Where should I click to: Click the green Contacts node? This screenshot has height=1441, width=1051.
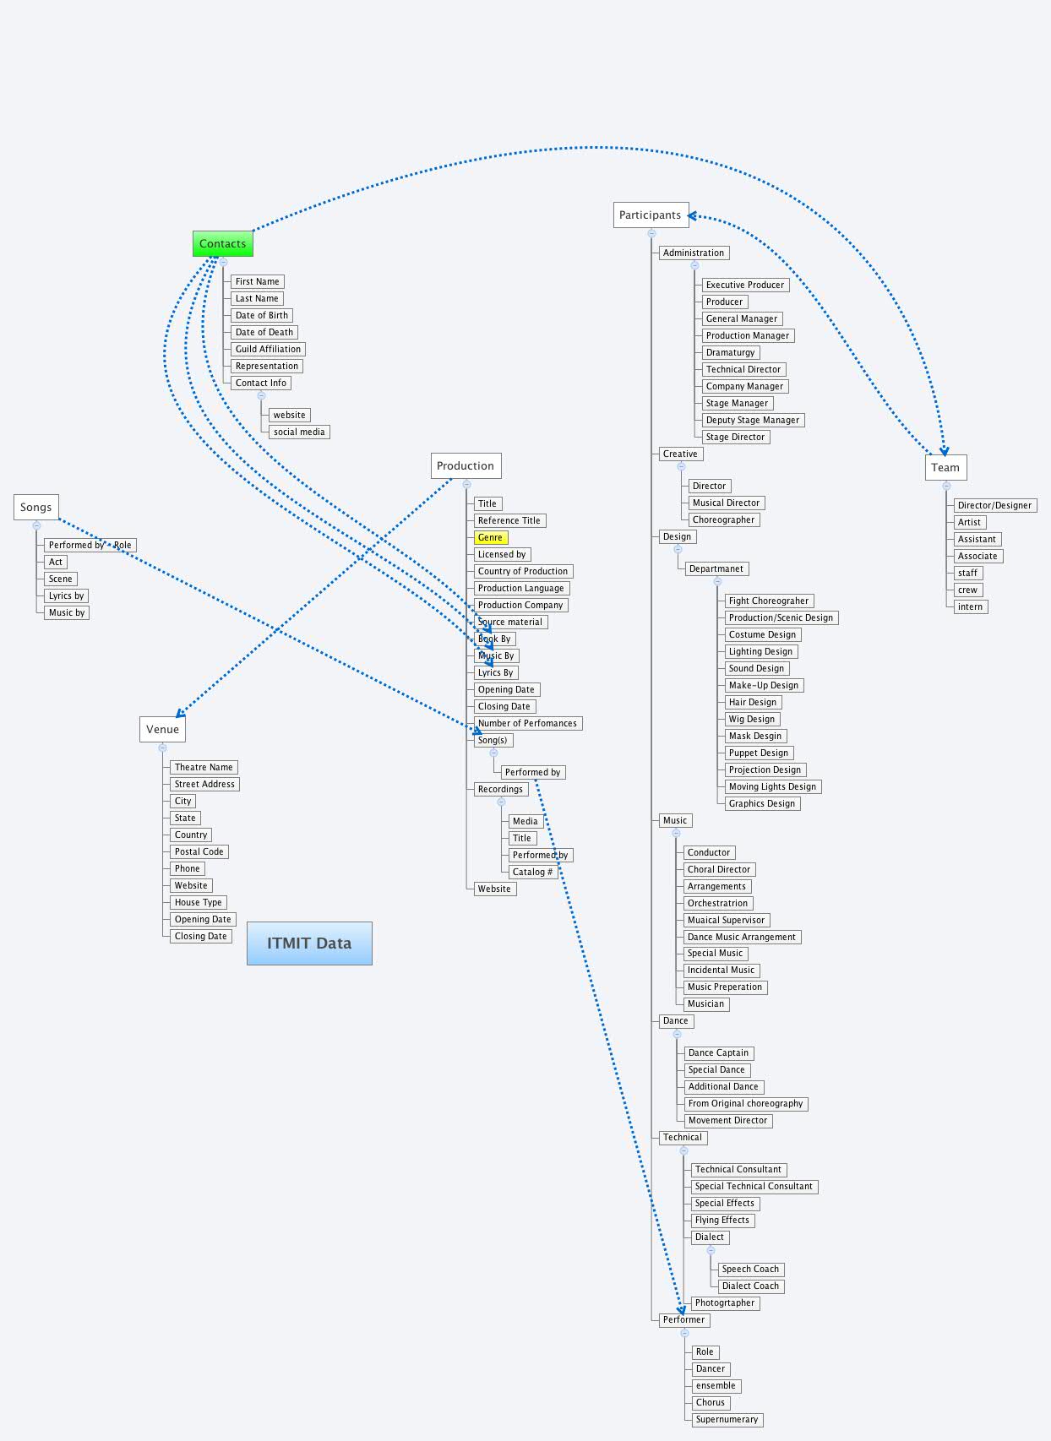(x=222, y=244)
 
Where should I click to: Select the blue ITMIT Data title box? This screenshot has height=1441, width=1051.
(x=309, y=943)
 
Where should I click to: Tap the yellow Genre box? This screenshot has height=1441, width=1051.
(x=490, y=537)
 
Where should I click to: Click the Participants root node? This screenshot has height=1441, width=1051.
(x=650, y=215)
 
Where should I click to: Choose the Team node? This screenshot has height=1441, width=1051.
(x=945, y=467)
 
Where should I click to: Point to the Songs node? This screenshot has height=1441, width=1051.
(x=35, y=507)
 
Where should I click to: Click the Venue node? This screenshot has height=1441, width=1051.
(x=162, y=729)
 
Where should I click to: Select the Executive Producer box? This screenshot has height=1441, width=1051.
(x=744, y=285)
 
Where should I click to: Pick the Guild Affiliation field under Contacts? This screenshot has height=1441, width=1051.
(x=268, y=349)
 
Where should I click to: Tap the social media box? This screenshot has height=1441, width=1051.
(x=299, y=432)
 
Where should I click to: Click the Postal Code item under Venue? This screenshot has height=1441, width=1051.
(x=199, y=851)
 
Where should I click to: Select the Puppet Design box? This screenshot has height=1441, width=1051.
(x=758, y=753)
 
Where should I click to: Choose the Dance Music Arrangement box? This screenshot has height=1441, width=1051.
(x=741, y=937)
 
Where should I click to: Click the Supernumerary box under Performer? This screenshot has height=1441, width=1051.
(x=727, y=1419)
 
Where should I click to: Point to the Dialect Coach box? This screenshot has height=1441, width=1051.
(x=750, y=1286)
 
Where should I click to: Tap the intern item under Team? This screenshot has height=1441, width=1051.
(x=970, y=606)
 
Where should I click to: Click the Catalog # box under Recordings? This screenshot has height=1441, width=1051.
(x=532, y=872)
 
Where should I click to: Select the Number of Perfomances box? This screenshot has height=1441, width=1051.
(x=527, y=723)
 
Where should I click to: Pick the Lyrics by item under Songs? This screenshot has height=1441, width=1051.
(x=66, y=595)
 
